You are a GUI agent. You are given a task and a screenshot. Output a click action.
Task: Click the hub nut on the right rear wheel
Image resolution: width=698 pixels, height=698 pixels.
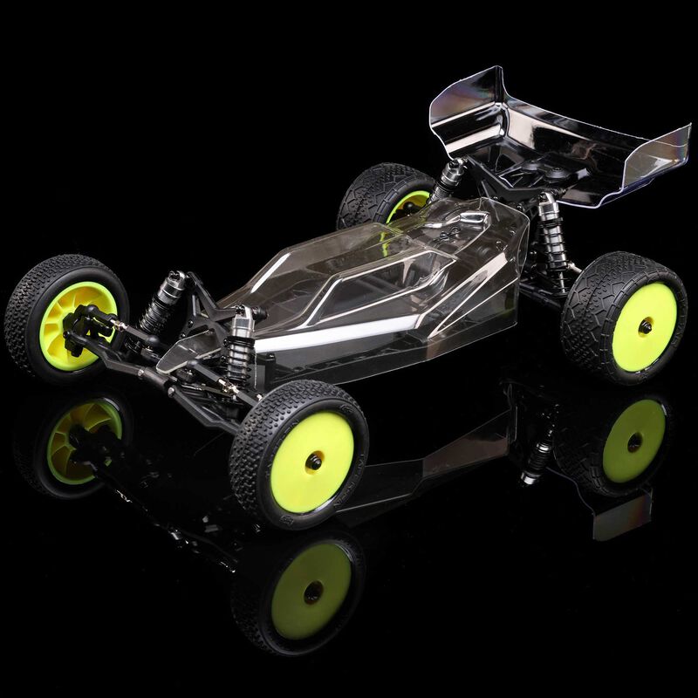tap(645, 325)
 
